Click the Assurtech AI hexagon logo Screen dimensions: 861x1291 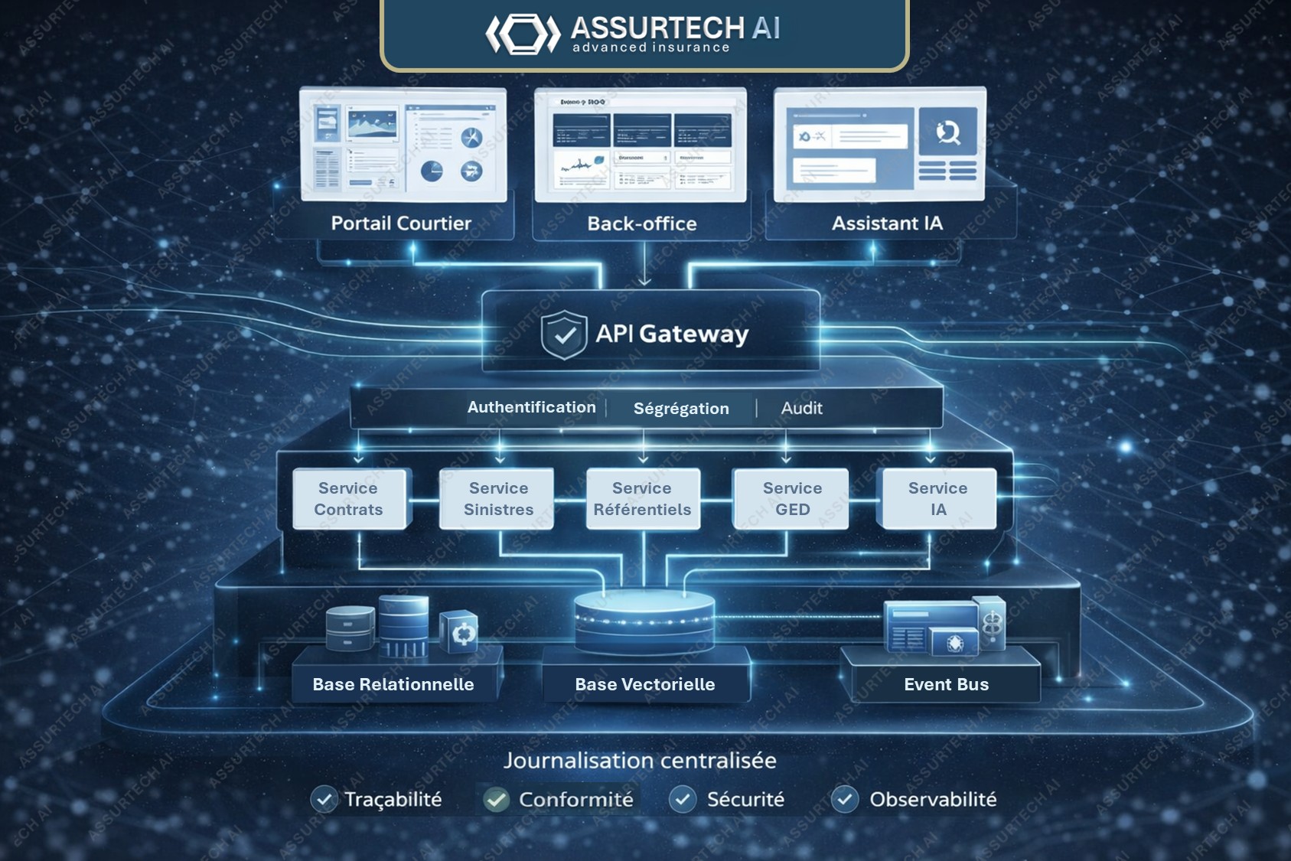[523, 34]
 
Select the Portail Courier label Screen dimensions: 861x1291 [401, 223]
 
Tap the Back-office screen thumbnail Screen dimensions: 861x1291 [641, 145]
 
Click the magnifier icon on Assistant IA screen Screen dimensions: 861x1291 [948, 132]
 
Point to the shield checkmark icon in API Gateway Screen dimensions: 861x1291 [564, 334]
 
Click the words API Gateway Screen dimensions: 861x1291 [672, 334]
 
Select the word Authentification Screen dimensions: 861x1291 [531, 407]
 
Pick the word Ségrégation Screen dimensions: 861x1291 [681, 409]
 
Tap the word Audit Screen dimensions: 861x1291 [801, 409]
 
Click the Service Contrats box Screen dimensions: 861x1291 [349, 499]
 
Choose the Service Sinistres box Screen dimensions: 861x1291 [498, 499]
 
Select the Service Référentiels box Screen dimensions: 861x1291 [642, 499]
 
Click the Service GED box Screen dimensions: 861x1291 [792, 499]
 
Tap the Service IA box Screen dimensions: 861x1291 [938, 499]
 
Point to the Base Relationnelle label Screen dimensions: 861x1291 [393, 684]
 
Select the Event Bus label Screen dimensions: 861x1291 [946, 684]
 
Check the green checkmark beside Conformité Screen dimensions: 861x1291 [496, 800]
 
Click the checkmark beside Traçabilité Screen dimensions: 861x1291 [324, 800]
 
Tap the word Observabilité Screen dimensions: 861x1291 [933, 800]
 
